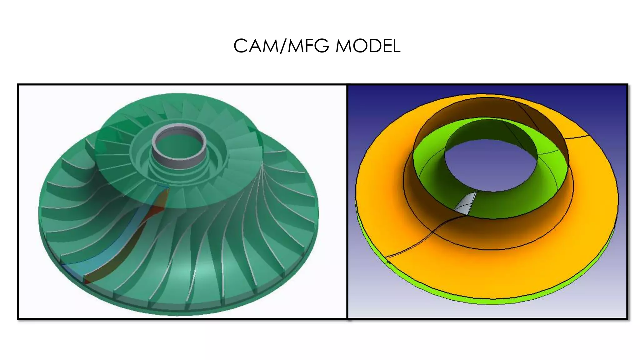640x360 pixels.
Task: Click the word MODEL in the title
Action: pyautogui.click(x=368, y=46)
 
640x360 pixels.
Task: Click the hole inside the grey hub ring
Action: pyautogui.click(x=179, y=144)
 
